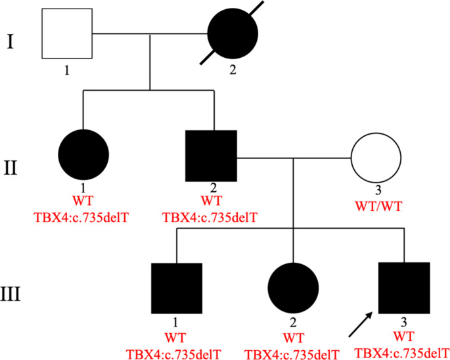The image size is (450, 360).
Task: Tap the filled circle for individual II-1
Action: coord(83,156)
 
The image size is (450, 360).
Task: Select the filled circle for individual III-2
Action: coord(293,288)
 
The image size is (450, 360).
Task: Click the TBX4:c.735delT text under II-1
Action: coord(83,215)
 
